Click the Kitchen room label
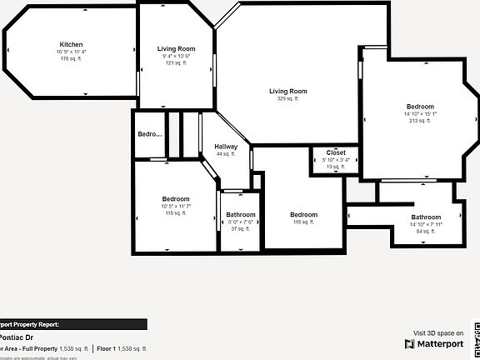(71, 44)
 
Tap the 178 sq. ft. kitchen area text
(71, 58)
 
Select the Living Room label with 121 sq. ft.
(176, 49)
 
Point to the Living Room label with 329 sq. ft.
(287, 91)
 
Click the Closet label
(336, 152)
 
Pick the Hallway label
(226, 147)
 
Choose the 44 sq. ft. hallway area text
(226, 154)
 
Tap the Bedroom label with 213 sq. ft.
(420, 107)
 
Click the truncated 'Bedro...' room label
(149, 134)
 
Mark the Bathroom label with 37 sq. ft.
(241, 215)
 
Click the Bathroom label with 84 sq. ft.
(426, 217)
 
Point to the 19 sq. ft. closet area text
(336, 167)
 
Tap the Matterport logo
(434, 343)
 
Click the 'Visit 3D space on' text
(438, 332)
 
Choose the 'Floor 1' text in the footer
(107, 348)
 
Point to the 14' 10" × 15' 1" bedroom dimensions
(420, 114)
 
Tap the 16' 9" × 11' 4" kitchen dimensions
(71, 52)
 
